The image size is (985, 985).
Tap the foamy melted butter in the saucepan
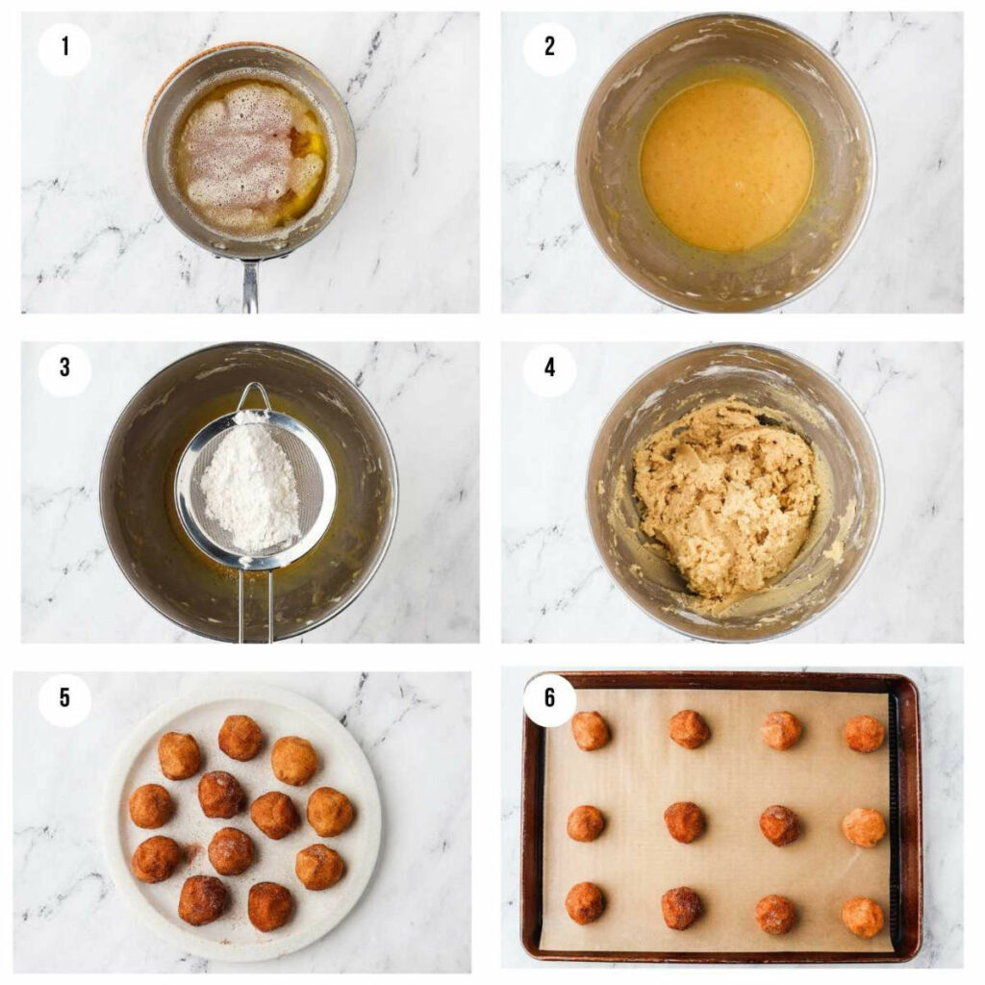pos(245,154)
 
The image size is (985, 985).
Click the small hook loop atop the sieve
pos(254,394)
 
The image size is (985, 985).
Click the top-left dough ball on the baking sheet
pos(591,731)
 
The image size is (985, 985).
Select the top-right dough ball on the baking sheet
pos(864,733)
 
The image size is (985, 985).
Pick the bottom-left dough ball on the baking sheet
pos(585,902)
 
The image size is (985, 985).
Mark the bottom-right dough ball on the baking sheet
pos(862,917)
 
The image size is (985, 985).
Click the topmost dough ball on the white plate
pos(240,738)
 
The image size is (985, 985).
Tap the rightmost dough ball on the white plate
pos(330,812)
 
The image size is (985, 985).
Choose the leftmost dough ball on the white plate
pos(151,806)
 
